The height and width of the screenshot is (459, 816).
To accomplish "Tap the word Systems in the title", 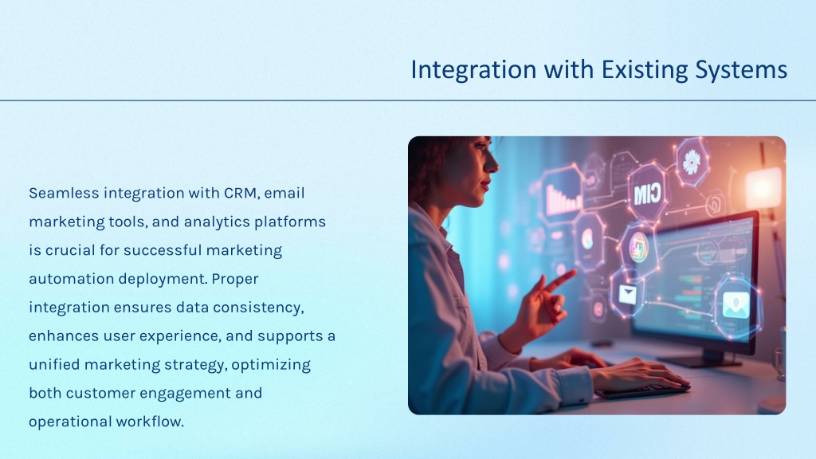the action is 741,70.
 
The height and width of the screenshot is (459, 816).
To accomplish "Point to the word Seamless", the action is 64,193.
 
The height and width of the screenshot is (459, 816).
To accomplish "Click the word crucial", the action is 70,250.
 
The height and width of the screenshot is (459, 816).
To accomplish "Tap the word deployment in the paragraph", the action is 162,280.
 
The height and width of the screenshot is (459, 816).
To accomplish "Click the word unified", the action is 54,364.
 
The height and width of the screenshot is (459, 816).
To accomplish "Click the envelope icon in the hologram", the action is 627,295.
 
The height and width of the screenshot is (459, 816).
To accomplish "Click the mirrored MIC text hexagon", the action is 647,193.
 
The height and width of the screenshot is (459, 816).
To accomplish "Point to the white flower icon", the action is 692,162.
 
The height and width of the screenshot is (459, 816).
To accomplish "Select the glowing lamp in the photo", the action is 763,188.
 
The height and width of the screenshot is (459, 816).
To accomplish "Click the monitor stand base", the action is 703,361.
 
